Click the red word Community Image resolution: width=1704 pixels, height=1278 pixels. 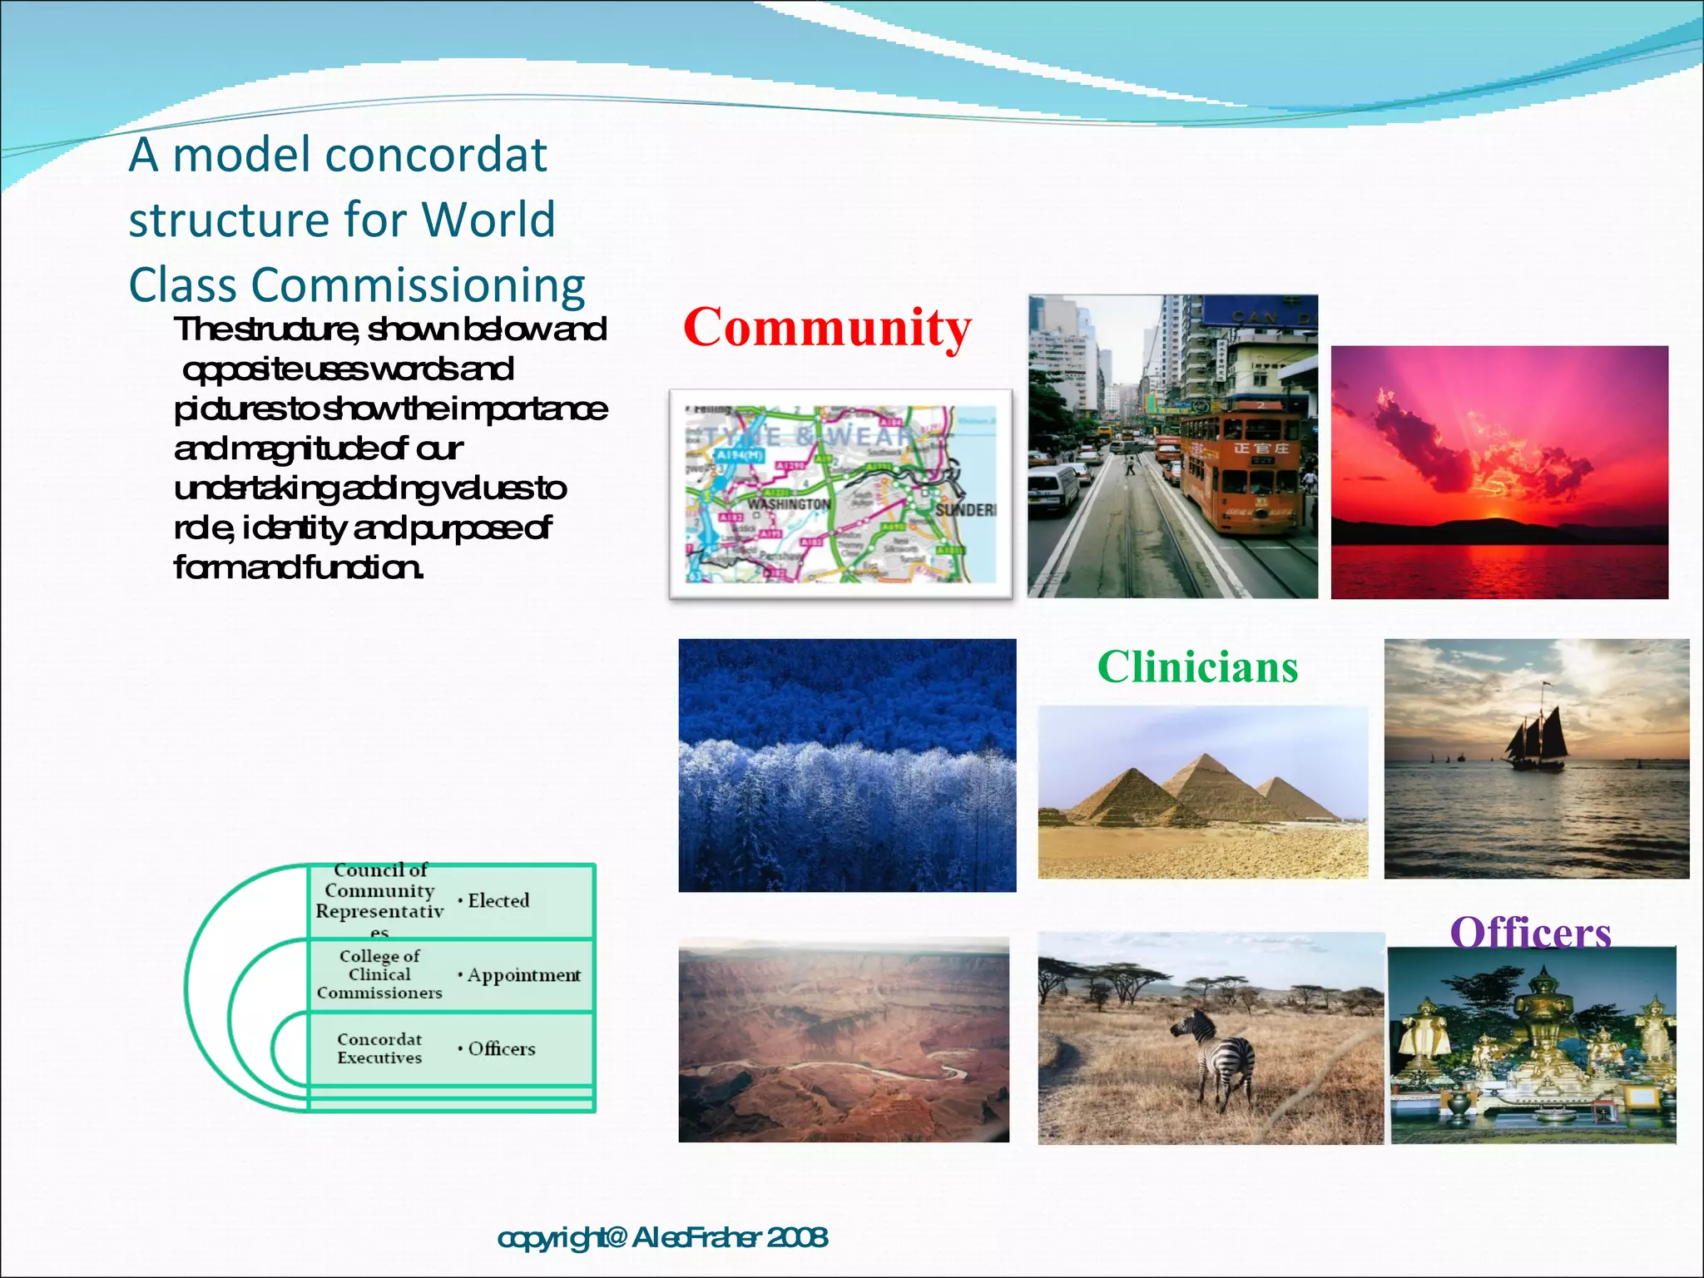(827, 328)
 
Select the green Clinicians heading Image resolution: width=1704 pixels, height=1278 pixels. (1197, 667)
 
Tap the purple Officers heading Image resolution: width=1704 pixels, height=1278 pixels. (1530, 933)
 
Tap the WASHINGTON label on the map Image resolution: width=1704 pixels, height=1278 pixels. (788, 504)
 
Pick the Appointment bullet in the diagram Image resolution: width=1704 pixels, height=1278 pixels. (523, 974)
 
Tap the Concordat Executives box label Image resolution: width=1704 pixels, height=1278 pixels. (379, 1048)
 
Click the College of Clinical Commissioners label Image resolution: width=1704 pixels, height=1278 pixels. (379, 974)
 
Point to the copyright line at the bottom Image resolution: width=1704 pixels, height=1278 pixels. (662, 1237)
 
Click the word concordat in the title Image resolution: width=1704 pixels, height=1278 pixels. (435, 155)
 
